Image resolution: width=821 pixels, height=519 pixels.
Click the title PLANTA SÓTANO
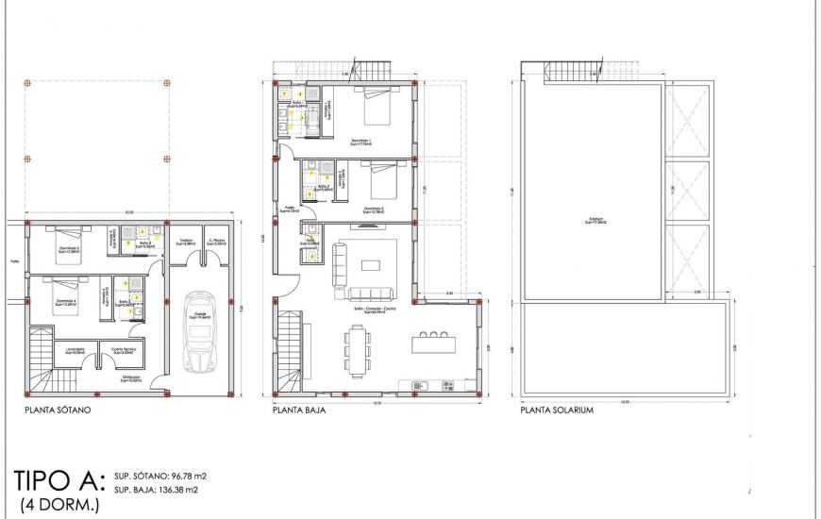click(x=63, y=411)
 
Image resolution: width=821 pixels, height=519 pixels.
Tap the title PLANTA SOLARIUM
click(x=557, y=411)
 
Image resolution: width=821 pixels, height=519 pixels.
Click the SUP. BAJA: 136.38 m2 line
click(x=156, y=490)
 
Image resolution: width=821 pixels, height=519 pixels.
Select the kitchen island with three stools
click(x=433, y=343)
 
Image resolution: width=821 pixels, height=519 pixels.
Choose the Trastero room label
click(x=186, y=242)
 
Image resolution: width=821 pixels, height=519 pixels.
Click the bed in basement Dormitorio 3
click(x=62, y=241)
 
